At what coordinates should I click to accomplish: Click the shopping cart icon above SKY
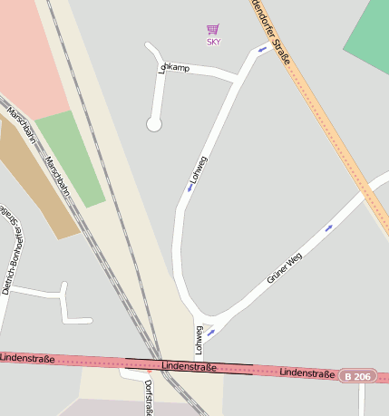(x=213, y=30)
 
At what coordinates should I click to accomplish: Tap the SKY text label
(x=213, y=42)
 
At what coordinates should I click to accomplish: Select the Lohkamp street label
(x=174, y=67)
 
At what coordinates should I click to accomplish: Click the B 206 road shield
(x=358, y=375)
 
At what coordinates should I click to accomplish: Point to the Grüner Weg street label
(x=284, y=268)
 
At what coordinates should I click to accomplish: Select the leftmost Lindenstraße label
(x=27, y=360)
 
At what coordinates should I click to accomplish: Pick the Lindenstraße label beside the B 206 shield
(x=307, y=372)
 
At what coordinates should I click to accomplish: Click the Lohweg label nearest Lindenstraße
(x=199, y=340)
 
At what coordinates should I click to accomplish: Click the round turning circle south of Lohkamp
(x=154, y=124)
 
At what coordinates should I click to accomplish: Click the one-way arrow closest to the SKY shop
(x=262, y=50)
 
